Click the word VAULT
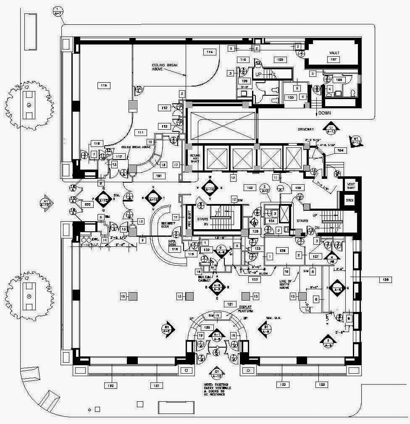[x=334, y=53]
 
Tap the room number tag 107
[x=334, y=60]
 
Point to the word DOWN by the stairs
[x=325, y=113]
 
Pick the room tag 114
[x=209, y=52]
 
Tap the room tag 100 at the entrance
[x=87, y=204]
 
